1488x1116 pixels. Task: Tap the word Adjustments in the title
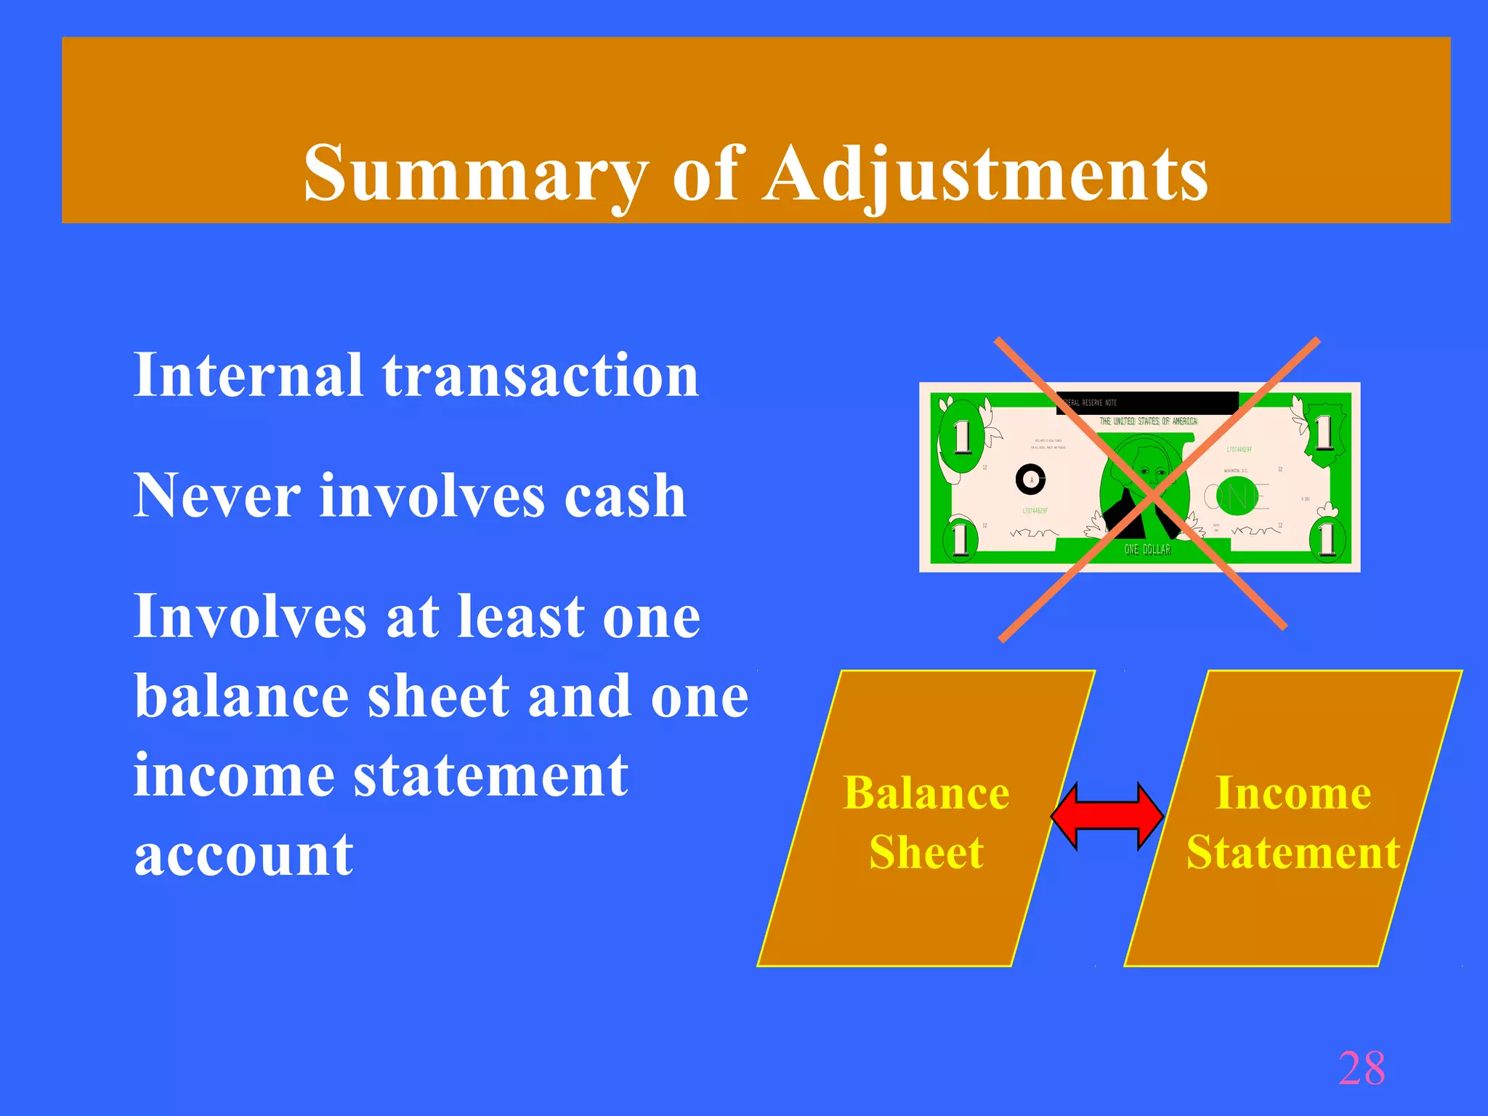[986, 174]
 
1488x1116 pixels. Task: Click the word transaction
[541, 376]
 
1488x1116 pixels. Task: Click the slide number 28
[1362, 1068]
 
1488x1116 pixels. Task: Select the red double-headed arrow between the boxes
[1107, 816]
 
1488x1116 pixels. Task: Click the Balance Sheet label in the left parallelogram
[926, 822]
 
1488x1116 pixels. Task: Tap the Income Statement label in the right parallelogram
[1293, 822]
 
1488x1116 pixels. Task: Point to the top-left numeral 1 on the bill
[962, 437]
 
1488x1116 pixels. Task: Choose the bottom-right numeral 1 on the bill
[1327, 539]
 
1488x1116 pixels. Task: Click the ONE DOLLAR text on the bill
[1147, 550]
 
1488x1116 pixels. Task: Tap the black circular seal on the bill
[1030, 480]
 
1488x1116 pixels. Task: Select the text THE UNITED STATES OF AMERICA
[1148, 421]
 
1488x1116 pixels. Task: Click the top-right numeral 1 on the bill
[1324, 434]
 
